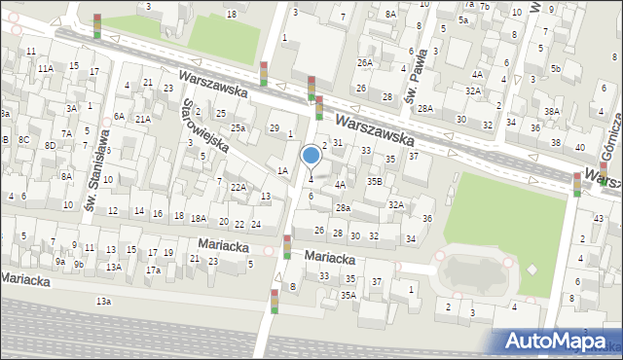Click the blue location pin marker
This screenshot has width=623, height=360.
[x=311, y=156]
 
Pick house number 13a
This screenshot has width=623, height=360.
[x=103, y=303]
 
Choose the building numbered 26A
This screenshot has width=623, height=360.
[x=364, y=62]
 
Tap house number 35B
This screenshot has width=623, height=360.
[x=374, y=181]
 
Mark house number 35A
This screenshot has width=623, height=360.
[x=348, y=295]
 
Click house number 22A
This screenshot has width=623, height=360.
[x=238, y=186]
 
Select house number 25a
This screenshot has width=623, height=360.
[x=238, y=127]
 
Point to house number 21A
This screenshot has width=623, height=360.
[x=142, y=119]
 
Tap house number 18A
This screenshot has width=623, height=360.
[x=198, y=219]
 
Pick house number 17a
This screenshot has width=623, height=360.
[x=153, y=270]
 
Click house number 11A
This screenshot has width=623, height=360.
[x=46, y=69]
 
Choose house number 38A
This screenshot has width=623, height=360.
[x=551, y=111]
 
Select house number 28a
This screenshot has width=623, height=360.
[x=343, y=207]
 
